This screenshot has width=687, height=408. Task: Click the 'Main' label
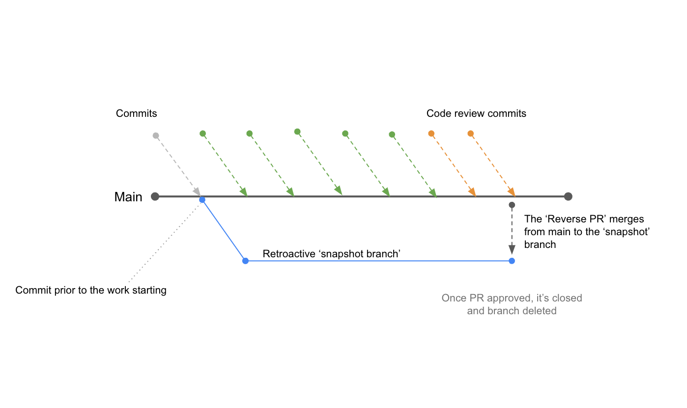pyautogui.click(x=128, y=197)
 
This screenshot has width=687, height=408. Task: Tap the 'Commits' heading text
pyautogui.click(x=137, y=113)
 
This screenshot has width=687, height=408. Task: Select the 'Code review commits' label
pyautogui.click(x=476, y=113)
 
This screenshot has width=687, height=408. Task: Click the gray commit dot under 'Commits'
pyautogui.click(x=156, y=136)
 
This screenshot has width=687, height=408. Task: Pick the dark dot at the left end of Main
pyautogui.click(x=155, y=197)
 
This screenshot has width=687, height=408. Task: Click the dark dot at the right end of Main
pyautogui.click(x=568, y=197)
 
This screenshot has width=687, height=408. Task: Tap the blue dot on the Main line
pyautogui.click(x=202, y=200)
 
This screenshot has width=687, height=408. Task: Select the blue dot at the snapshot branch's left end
pyautogui.click(x=245, y=261)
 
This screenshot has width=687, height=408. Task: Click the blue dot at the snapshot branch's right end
pyautogui.click(x=512, y=261)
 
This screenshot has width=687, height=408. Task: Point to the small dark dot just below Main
pyautogui.click(x=512, y=205)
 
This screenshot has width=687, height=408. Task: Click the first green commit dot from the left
pyautogui.click(x=202, y=134)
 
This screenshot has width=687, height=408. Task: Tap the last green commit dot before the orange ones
pyautogui.click(x=392, y=134)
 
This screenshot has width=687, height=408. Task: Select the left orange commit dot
pyautogui.click(x=431, y=133)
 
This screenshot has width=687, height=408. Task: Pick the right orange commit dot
pyautogui.click(x=470, y=133)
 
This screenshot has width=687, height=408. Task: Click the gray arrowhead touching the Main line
pyautogui.click(x=197, y=191)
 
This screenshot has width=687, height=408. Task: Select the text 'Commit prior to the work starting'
pyautogui.click(x=91, y=290)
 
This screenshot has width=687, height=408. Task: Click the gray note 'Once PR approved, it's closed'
pyautogui.click(x=512, y=298)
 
